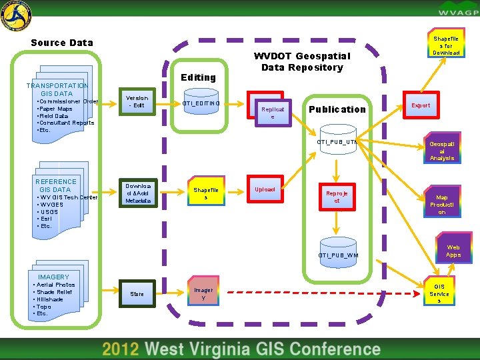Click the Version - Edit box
pos(138,102)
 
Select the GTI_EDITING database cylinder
pos(201,103)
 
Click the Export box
pos(421,105)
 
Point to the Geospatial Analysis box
pos(441,150)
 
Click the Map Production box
pos(441,204)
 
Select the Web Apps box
pos(453,251)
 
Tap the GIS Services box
pos(439,293)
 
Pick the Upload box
pos(265,190)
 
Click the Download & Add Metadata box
pos(138,193)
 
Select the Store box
pos(137,294)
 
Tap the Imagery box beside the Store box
pos(203,293)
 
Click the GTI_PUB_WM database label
pos(338,255)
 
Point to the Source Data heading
pos(62,43)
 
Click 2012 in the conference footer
pos(121,349)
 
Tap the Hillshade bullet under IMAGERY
pos(51,299)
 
